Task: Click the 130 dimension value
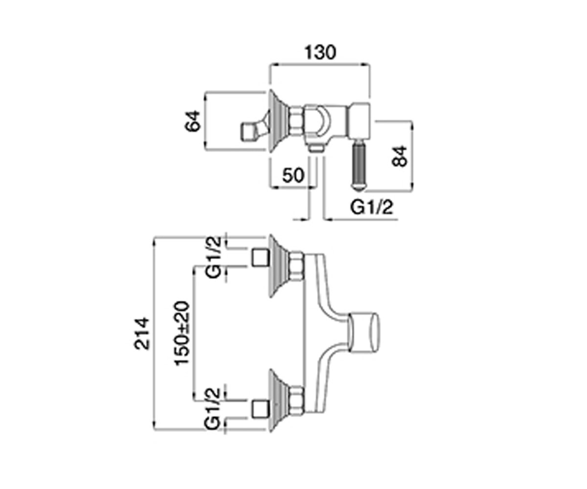(320, 52)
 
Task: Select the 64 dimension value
(193, 121)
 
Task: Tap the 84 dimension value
(399, 156)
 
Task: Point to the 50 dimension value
(293, 175)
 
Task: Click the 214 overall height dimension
(141, 333)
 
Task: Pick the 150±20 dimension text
(182, 333)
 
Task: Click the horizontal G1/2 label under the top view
(371, 208)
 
